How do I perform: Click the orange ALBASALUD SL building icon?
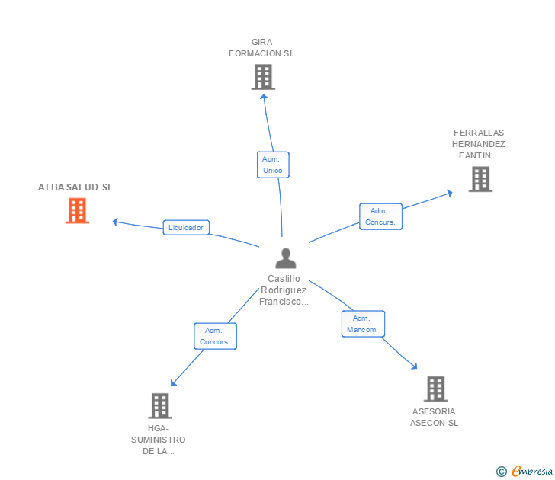[77, 210]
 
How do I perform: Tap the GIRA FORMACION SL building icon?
[262, 77]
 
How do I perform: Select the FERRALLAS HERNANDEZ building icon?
[480, 179]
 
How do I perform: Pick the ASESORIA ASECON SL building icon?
[435, 389]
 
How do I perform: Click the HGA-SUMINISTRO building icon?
[159, 405]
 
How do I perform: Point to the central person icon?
[285, 258]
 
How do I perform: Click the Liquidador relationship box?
[186, 227]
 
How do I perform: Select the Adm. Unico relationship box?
[272, 165]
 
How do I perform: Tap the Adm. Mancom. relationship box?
[363, 324]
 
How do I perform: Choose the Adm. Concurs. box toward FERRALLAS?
[380, 216]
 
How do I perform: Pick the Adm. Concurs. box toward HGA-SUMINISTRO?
[215, 336]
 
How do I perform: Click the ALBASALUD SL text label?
[75, 187]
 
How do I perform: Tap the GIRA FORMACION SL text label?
[261, 48]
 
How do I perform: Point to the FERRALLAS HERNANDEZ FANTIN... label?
[479, 144]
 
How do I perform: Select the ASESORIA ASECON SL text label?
[435, 417]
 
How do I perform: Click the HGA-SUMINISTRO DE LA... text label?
[159, 440]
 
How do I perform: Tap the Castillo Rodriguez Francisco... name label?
[285, 290]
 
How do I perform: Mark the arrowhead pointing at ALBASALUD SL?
[115, 222]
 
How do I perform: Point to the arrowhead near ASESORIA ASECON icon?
[414, 366]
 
